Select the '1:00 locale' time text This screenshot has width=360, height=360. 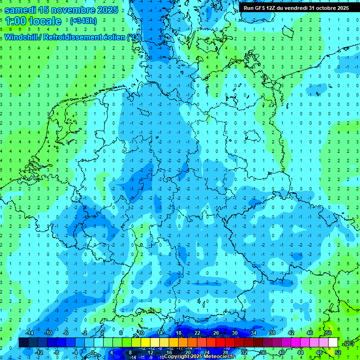tap(33, 21)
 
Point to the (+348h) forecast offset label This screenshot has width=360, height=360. tap(83, 21)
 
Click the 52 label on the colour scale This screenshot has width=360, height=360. tap(338, 352)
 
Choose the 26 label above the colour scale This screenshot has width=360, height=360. tap(216, 333)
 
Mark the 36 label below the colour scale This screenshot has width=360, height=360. tap(263, 352)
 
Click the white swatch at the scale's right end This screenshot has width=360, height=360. tap(333, 343)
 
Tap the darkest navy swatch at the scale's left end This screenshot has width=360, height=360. tap(23, 343)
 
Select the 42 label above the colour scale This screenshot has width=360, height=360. tap(291, 333)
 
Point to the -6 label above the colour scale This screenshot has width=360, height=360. tap(66, 333)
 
